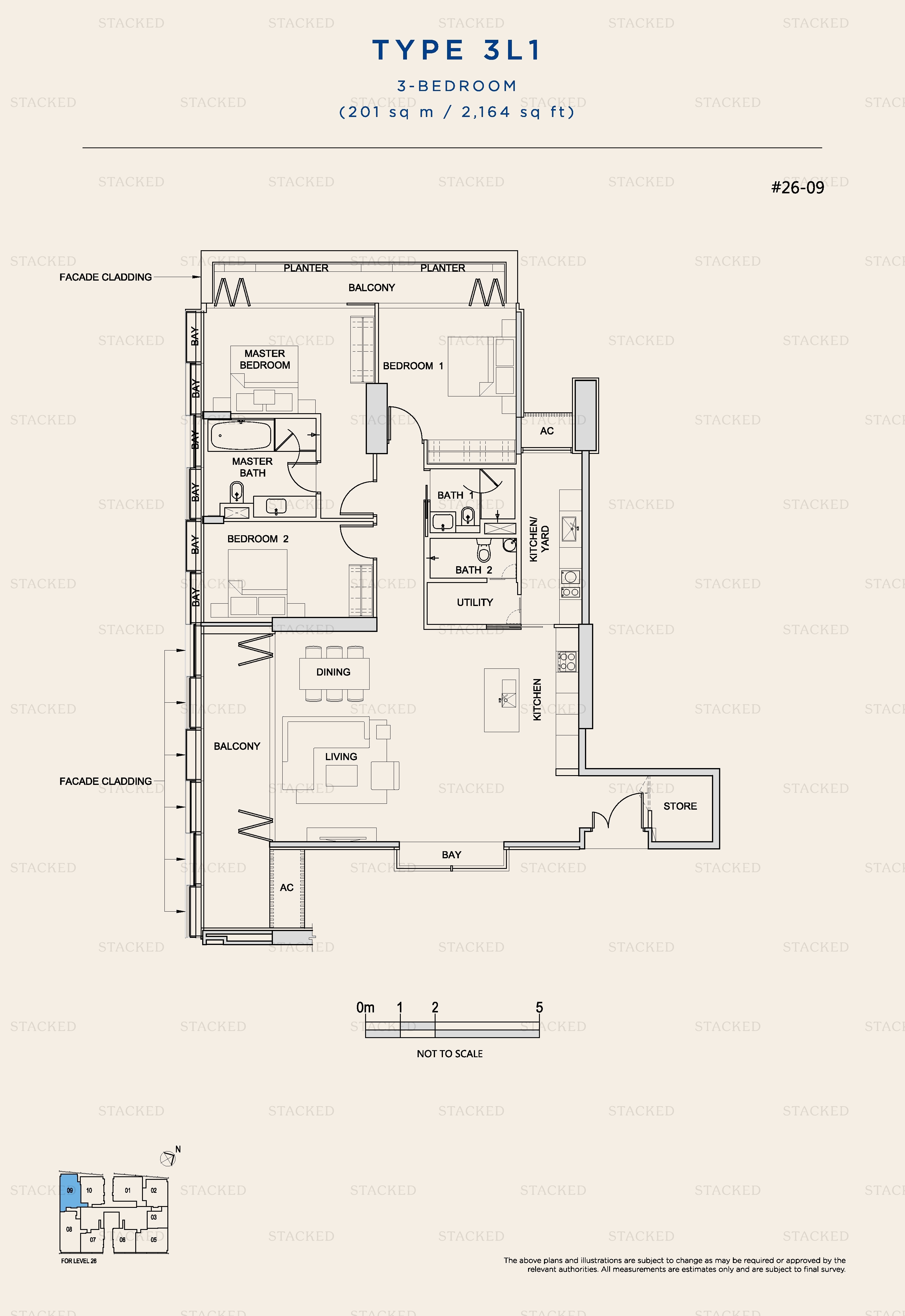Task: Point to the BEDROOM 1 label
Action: pos(413,366)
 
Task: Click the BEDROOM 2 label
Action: pos(258,539)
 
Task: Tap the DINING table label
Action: pos(333,672)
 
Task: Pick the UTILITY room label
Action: pos(475,602)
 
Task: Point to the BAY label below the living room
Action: pos(451,854)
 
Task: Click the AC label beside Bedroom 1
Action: pos(547,431)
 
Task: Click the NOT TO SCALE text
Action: pos(450,1053)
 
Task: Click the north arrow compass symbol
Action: pos(168,1158)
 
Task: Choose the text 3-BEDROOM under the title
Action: pos(456,86)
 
